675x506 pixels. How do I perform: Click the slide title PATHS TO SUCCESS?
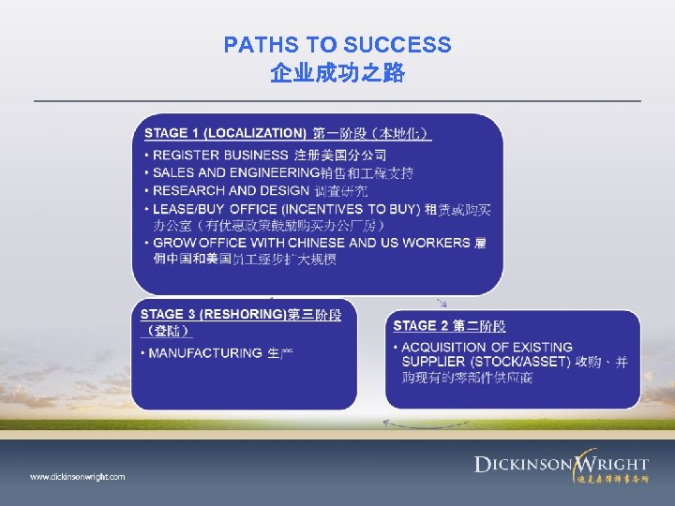point(337,45)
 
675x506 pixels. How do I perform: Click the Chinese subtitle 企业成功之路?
point(337,73)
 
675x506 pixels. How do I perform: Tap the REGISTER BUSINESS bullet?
point(220,155)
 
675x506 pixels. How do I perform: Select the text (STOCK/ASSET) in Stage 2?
point(521,362)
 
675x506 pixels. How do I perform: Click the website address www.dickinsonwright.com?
point(77,477)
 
